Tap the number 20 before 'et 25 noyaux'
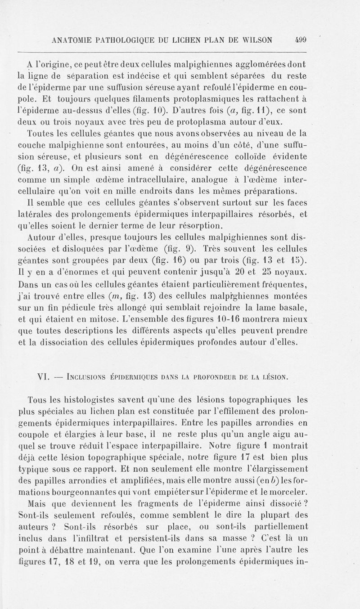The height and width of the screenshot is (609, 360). tap(239, 273)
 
